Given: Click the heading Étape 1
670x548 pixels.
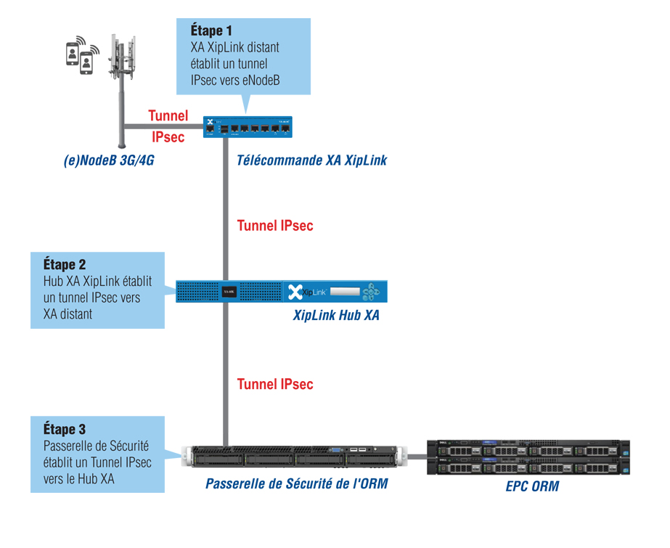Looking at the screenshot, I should tap(211, 31).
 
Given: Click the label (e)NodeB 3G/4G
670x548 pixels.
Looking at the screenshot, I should tap(109, 161).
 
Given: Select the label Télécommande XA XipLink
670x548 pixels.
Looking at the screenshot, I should tap(311, 161).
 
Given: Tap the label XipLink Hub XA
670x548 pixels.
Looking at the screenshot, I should tap(336, 316).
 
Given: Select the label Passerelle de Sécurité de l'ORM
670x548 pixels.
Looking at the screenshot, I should tap(296, 483).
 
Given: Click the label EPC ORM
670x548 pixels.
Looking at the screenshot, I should tap(532, 486).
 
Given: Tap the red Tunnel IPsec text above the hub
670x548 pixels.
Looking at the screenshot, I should tap(275, 226).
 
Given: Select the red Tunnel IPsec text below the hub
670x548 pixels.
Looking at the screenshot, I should tap(275, 384).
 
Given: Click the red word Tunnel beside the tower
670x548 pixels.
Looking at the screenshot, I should tap(168, 115).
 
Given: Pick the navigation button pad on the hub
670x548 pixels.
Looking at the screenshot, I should tap(372, 293).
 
